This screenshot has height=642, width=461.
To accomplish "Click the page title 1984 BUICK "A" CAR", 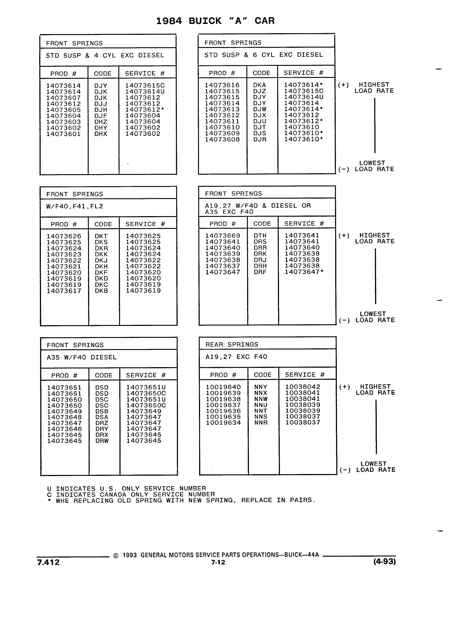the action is coord(215,21).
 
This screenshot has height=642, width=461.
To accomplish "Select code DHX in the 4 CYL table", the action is coord(101,134).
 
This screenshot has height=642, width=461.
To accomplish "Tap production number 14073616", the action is coord(222,85).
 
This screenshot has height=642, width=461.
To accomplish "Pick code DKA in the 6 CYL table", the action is coord(259,85).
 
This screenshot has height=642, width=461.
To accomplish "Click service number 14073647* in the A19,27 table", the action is coord(304,272).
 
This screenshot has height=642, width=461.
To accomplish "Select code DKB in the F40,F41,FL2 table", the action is coord(101,291).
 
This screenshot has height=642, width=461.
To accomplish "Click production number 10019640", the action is coord(223,387).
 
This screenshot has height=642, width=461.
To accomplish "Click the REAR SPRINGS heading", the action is coord(232,345).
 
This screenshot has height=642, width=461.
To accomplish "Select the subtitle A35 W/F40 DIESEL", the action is coord(82,357).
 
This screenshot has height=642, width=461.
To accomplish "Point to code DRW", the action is coord(102,441).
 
